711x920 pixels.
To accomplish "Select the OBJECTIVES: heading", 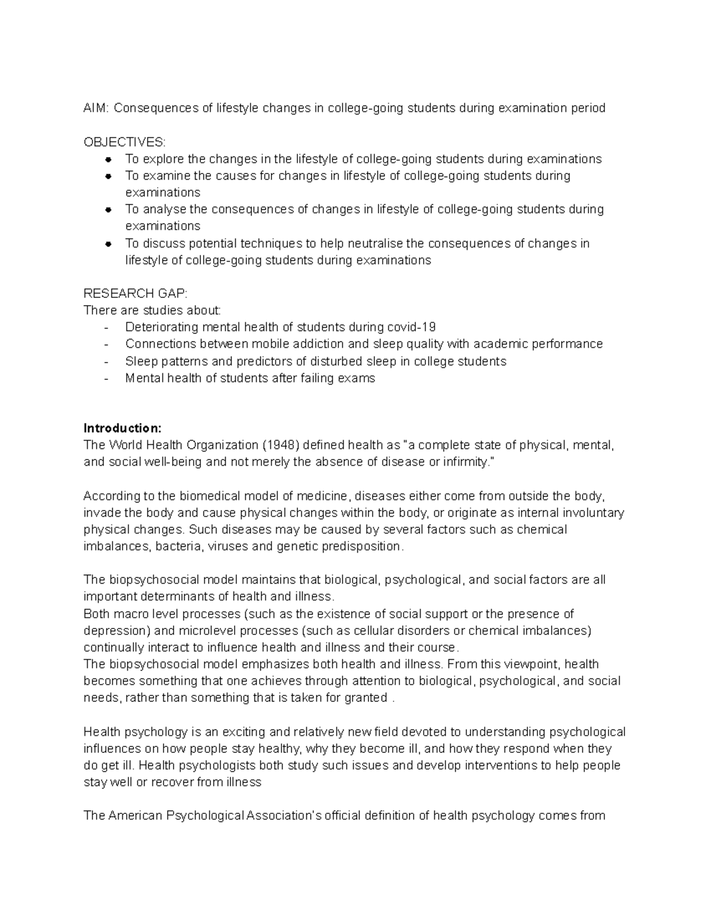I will (125, 142).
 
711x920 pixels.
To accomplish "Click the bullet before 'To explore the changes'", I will (108, 159).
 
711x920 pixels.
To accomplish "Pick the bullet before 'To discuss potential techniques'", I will (108, 243).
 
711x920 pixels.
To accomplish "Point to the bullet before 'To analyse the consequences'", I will (108, 210).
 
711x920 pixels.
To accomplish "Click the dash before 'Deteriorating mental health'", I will (106, 328).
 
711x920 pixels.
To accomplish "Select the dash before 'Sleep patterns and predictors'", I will (106, 361).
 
